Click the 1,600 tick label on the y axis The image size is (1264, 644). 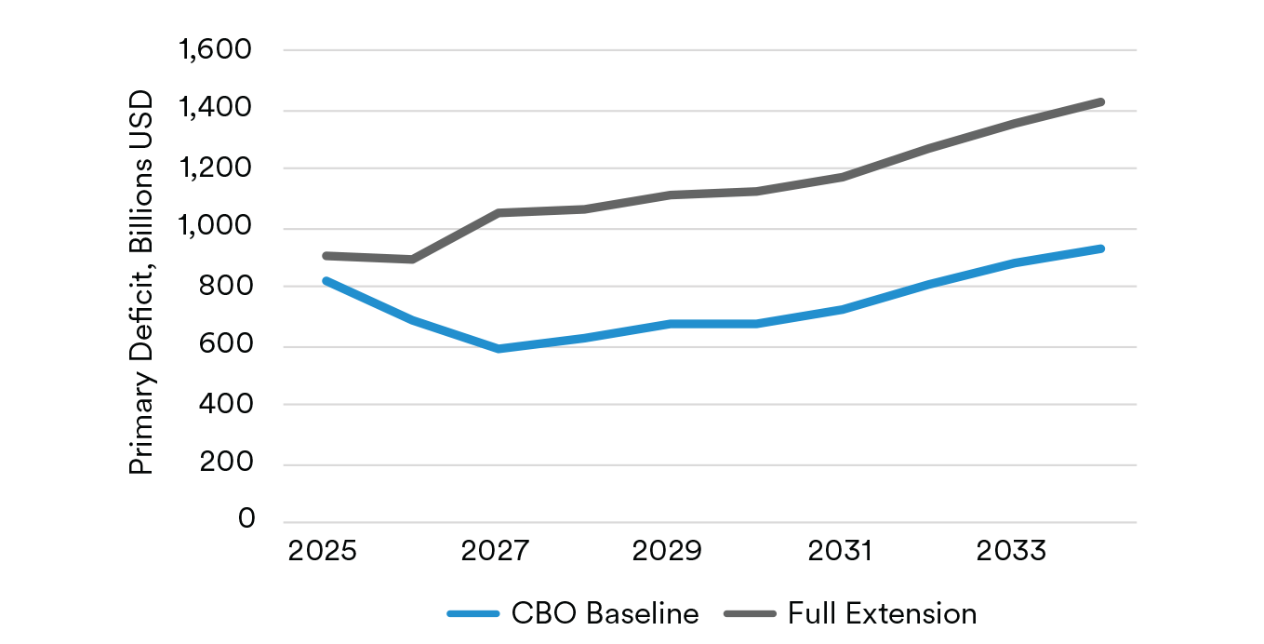[x=214, y=49]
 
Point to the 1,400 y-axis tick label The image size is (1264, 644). [x=214, y=110]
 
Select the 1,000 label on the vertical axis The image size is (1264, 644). [x=214, y=228]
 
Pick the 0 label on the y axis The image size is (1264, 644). [x=246, y=519]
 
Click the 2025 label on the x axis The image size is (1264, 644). [x=322, y=550]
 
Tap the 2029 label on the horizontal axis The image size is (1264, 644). [x=667, y=550]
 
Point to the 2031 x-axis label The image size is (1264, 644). [x=841, y=550]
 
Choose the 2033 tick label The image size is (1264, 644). [x=1013, y=550]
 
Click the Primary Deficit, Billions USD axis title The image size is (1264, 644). [x=141, y=281]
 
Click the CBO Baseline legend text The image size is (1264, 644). [x=605, y=614]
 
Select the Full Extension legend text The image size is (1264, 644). [x=882, y=614]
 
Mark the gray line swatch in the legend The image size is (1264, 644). [x=751, y=614]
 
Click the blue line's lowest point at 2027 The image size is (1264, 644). [x=499, y=349]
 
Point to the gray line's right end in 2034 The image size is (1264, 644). [x=1101, y=101]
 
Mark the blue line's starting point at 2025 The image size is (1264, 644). [x=326, y=280]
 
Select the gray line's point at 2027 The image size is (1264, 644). [x=499, y=213]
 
